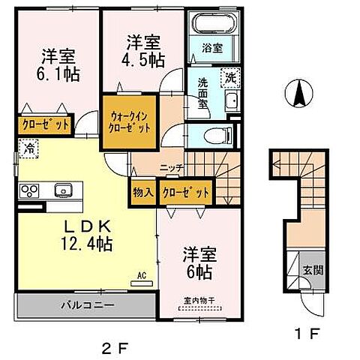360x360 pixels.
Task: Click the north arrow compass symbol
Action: (298, 95)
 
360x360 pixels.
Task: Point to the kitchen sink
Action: (61, 190)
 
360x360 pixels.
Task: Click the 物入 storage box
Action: (143, 192)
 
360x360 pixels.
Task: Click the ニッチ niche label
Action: (166, 168)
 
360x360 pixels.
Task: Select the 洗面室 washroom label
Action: (205, 93)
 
